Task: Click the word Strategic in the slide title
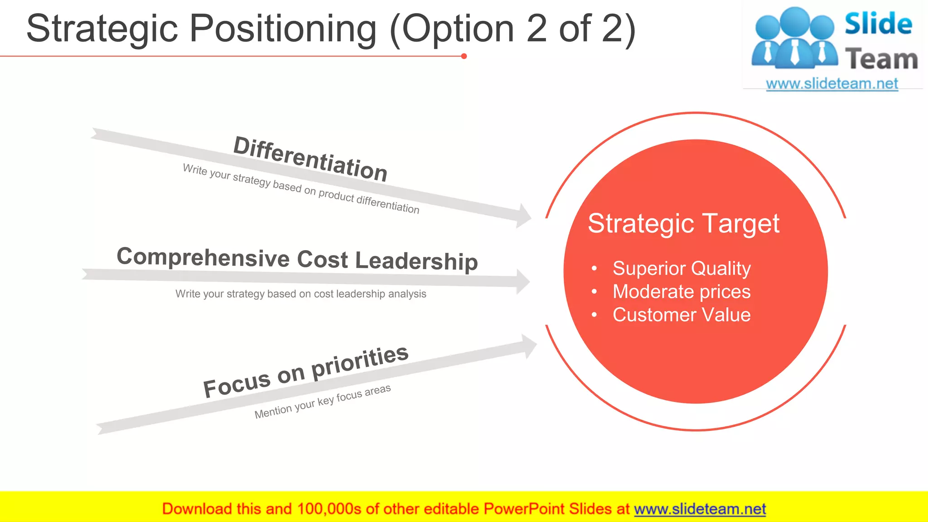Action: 102,29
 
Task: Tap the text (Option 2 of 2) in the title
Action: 513,29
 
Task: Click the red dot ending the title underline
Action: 464,56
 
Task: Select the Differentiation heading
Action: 310,159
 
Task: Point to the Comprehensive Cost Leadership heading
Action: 297,259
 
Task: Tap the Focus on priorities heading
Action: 306,372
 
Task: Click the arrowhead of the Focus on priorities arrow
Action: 529,346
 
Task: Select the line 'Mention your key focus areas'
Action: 322,401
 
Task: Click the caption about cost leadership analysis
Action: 301,294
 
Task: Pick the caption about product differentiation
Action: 301,188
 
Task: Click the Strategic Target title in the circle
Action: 683,223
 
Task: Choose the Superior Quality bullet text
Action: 681,268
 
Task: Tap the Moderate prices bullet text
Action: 681,291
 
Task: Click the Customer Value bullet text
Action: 681,315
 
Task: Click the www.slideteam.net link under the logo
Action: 831,84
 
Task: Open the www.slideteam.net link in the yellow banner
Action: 700,509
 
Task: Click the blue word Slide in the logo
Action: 878,24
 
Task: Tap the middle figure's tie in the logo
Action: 795,52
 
